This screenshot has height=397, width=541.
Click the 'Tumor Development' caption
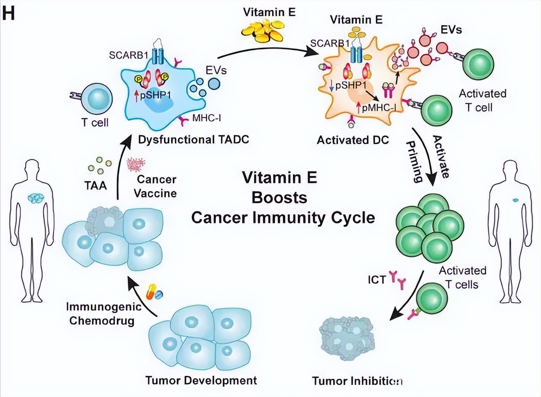click(x=201, y=380)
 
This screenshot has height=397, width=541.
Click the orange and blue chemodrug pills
click(x=154, y=292)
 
